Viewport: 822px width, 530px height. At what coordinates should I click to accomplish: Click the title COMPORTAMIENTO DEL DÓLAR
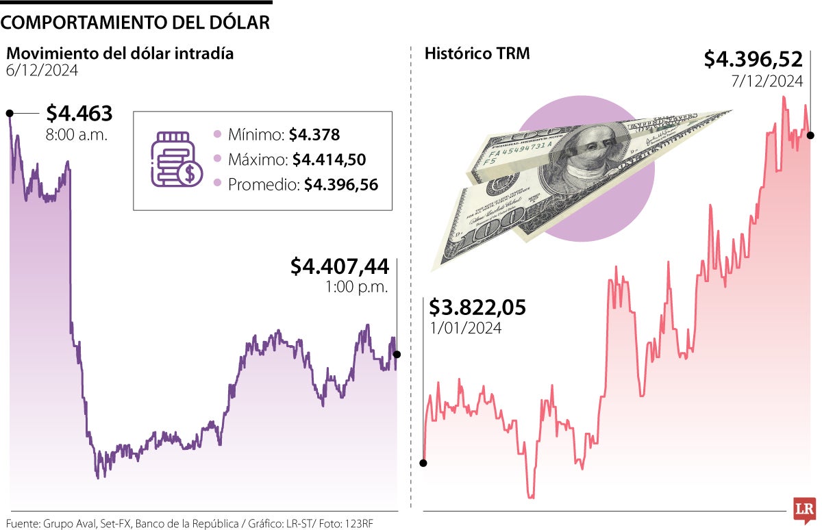tap(136, 22)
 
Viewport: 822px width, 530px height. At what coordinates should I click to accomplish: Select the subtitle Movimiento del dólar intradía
tap(120, 53)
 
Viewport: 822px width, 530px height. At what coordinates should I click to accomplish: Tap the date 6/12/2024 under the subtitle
tap(42, 71)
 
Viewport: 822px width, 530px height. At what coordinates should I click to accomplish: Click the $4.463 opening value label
tap(79, 114)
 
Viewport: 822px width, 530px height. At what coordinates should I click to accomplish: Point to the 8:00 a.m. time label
tap(77, 135)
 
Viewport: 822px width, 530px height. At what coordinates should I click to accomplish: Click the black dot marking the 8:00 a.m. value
tap(10, 113)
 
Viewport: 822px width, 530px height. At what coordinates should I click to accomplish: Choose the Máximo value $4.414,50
tap(329, 160)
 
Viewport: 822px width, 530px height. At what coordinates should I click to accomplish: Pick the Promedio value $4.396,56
tap(341, 184)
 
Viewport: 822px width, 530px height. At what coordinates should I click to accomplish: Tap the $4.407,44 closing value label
tap(339, 266)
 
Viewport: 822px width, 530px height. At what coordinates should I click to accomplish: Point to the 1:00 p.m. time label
tap(357, 287)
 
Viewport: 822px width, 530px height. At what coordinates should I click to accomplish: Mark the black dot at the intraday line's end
tap(397, 354)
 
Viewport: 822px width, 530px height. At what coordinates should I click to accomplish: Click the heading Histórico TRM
tap(477, 53)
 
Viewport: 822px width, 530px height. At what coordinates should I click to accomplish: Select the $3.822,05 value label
tap(477, 307)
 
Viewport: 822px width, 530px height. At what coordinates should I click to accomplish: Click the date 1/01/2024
tap(465, 328)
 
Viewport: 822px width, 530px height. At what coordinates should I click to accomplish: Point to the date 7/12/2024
tap(767, 81)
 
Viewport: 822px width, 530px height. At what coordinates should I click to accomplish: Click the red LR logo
tap(802, 509)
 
